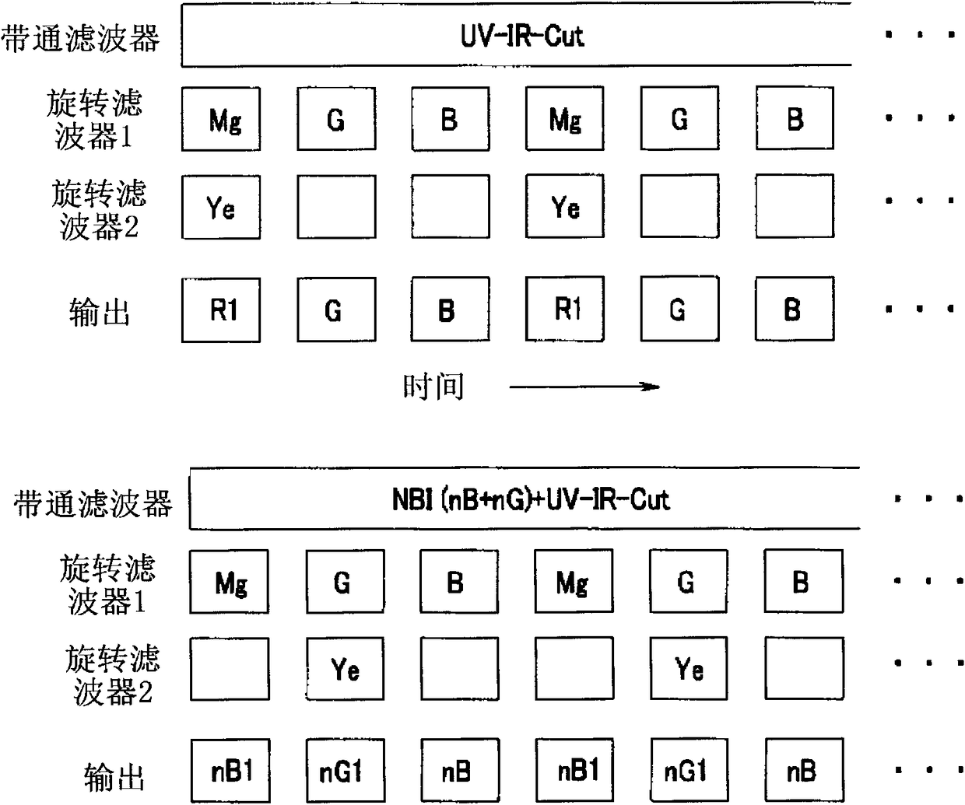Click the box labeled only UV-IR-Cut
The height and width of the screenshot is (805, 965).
(516, 36)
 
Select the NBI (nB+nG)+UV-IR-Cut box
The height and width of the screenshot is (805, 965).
(525, 499)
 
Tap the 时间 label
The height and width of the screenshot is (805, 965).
(433, 386)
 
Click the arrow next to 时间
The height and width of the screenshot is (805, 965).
(584, 386)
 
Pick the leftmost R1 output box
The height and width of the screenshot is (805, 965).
(221, 310)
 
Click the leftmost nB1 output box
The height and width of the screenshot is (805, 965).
(230, 771)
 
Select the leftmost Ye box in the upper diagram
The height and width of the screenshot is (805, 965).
(221, 208)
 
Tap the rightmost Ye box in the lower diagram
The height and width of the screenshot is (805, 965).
(688, 669)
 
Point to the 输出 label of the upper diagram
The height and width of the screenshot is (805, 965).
(99, 312)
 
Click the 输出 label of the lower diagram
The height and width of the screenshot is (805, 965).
(113, 775)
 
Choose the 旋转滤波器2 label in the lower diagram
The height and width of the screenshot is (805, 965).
(112, 674)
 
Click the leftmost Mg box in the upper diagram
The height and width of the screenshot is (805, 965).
(221, 119)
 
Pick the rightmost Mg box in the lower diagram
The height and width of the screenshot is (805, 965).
(574, 582)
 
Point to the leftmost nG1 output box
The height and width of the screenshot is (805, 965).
(344, 771)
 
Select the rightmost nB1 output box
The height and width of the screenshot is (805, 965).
(575, 771)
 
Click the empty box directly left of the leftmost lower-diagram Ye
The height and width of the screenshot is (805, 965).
(230, 669)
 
